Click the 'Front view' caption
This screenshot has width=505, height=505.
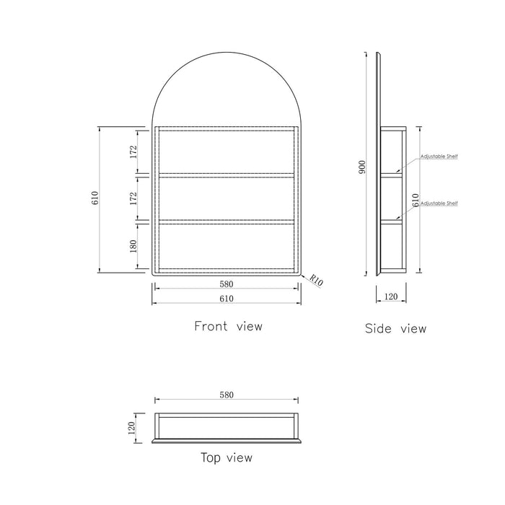pyautogui.click(x=229, y=326)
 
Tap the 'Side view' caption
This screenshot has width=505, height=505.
pyautogui.click(x=396, y=328)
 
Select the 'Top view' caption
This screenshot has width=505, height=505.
pyautogui.click(x=227, y=457)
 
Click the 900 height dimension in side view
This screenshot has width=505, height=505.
pyautogui.click(x=362, y=167)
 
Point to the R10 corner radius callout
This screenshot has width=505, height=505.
pyautogui.click(x=316, y=280)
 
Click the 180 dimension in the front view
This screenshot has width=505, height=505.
pyautogui.click(x=133, y=247)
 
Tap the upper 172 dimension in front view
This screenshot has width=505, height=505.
pyautogui.click(x=133, y=152)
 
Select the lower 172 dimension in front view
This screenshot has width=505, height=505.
pyautogui.click(x=133, y=198)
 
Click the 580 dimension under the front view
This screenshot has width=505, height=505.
pyautogui.click(x=227, y=284)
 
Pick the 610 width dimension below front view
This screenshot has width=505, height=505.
pyautogui.click(x=227, y=299)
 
